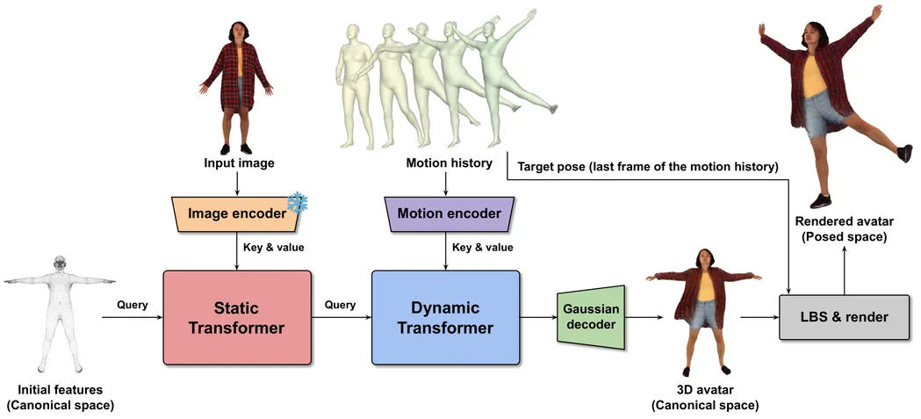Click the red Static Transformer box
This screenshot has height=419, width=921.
pos(237,317)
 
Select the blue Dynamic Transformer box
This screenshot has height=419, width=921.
pos(445,317)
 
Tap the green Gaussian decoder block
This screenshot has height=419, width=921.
pos(590,317)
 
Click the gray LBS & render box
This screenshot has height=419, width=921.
pos(844,317)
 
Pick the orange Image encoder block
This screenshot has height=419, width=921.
pos(238,213)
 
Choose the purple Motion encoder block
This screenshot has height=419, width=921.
pos(448,213)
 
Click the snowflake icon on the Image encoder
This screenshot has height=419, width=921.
pos(298,203)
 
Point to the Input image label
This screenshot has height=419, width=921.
pos(239,163)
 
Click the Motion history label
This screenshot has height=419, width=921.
pos(448,163)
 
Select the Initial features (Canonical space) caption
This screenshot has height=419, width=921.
pos(60,397)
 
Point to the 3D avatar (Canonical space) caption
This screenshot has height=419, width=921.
pos(705,397)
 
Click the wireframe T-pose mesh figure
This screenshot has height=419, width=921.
pos(60,307)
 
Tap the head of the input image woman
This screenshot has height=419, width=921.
pos(238,32)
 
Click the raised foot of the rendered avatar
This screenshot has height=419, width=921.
pos(904,154)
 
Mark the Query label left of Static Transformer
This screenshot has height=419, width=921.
pos(132,305)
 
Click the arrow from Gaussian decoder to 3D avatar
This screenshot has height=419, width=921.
pos(638,317)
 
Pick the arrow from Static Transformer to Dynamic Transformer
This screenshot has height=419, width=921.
pos(342,317)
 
